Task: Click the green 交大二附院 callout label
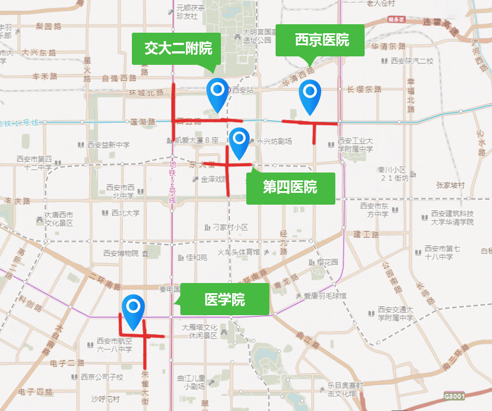(178, 48)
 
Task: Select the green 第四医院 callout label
(290, 187)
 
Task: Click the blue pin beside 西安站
(217, 93)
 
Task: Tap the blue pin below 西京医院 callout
(309, 95)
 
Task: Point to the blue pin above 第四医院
(240, 142)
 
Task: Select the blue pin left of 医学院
(134, 311)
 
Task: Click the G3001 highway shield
(454, 396)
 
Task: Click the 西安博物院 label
(121, 253)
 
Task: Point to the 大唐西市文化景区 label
(59, 219)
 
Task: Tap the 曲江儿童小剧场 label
(190, 382)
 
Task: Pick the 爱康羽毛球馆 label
(325, 295)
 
